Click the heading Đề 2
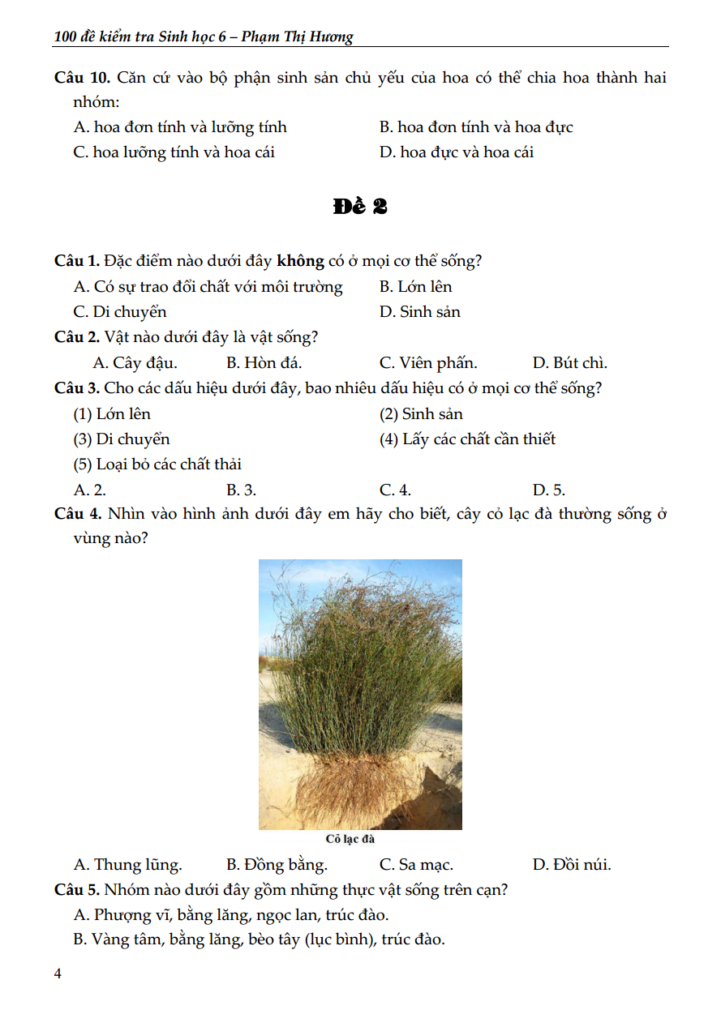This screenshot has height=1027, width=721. click(359, 207)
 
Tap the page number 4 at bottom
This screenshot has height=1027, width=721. click(58, 974)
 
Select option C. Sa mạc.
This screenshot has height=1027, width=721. click(416, 865)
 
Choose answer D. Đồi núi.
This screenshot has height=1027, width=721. click(572, 865)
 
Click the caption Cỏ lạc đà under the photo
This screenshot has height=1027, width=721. click(350, 840)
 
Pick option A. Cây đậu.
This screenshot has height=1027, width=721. click(135, 363)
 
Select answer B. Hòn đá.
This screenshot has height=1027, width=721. click(264, 363)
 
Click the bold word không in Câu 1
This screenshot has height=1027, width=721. click(300, 261)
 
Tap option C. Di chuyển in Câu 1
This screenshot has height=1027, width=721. click(120, 312)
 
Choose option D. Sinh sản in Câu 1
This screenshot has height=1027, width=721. click(419, 312)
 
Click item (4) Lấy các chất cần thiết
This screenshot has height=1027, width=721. click(467, 439)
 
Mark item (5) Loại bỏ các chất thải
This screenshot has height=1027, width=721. click(157, 464)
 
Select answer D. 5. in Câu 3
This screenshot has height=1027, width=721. click(548, 490)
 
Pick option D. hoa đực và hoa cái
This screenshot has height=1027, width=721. click(456, 152)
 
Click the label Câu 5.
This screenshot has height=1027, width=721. click(77, 890)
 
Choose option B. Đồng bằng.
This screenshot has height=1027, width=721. click(277, 865)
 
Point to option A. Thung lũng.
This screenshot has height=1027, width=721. click(127, 865)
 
